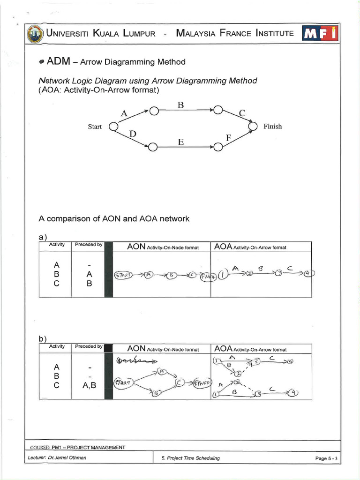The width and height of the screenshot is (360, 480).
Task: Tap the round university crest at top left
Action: click(34, 34)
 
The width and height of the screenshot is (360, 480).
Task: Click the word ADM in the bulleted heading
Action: click(58, 61)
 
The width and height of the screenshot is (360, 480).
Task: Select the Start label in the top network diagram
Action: click(95, 127)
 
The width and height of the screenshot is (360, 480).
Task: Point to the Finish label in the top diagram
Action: click(272, 127)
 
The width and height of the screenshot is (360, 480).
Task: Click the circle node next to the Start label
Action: click(112, 126)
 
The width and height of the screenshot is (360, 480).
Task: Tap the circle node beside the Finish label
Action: click(253, 126)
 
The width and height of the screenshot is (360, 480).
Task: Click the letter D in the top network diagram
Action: click(133, 134)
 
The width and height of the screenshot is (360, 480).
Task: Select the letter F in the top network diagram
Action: click(229, 138)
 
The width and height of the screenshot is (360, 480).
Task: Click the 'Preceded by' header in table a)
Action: click(88, 245)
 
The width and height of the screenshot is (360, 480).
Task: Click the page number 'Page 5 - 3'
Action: click(326, 458)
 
